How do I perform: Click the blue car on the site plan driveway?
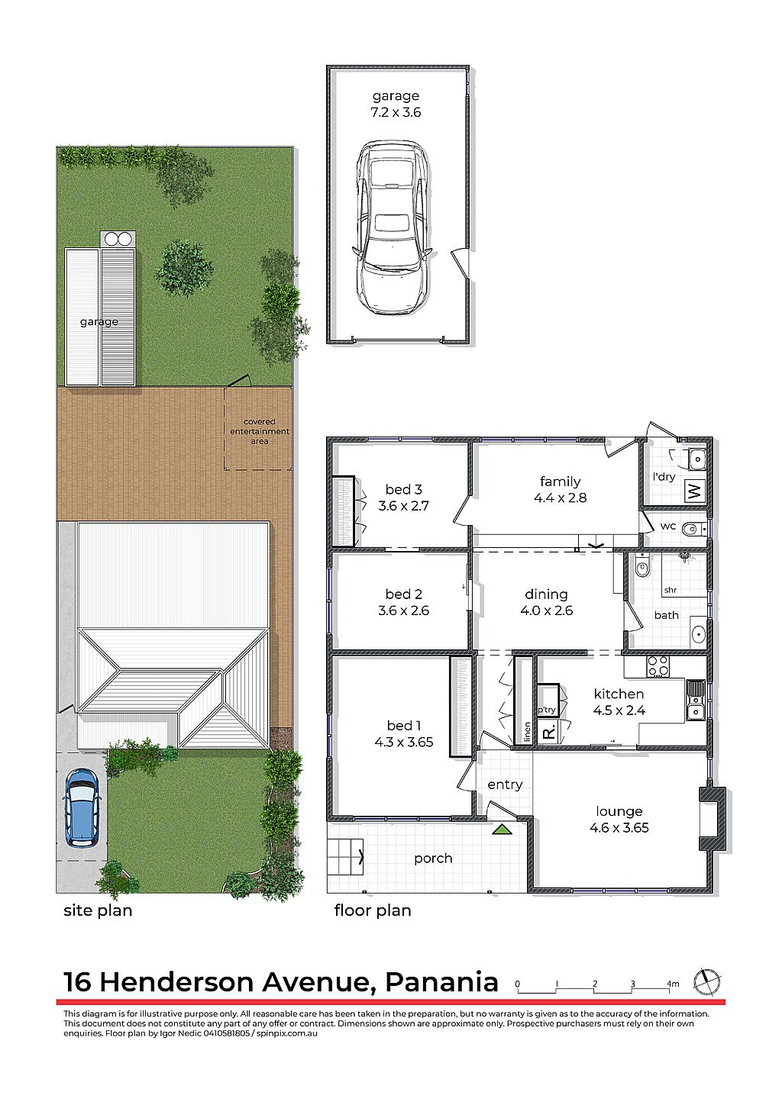pos(82,807)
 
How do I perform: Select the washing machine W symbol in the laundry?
pos(693,491)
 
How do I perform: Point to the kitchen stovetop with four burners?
pos(658,666)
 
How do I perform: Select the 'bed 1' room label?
pos(404,725)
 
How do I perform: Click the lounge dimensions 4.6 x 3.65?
pos(619,827)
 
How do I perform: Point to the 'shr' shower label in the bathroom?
pos(670,590)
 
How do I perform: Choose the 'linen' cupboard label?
pos(527,732)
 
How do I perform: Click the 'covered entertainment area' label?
pos(259,431)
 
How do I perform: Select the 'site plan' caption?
pos(98,910)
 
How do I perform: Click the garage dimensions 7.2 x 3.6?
pos(396,112)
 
